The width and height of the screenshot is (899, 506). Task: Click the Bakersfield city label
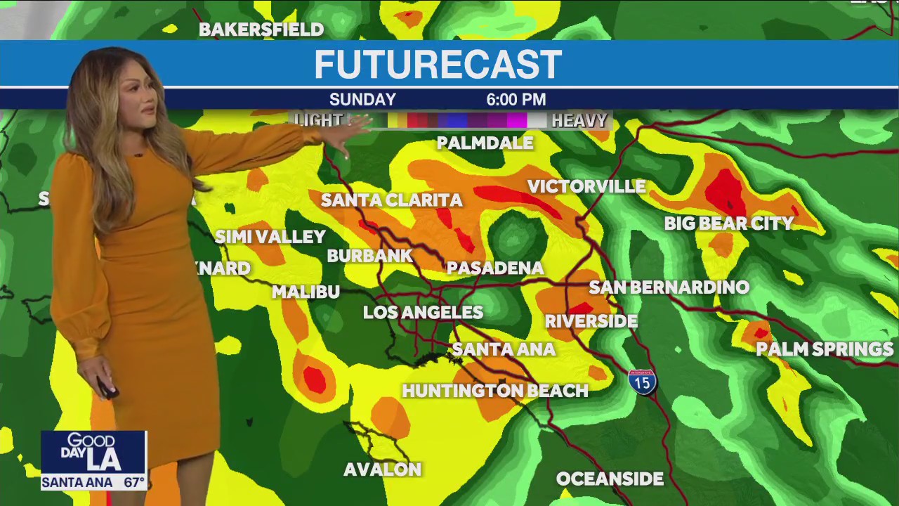click(x=261, y=30)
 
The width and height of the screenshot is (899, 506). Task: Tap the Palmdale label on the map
click(x=485, y=143)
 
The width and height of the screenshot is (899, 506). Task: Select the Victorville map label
click(x=586, y=186)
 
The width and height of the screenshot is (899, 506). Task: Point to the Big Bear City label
click(x=729, y=223)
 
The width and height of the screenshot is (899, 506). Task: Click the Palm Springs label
click(x=824, y=349)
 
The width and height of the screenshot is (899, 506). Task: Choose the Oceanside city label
click(x=610, y=479)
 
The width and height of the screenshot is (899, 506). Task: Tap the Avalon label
click(x=382, y=469)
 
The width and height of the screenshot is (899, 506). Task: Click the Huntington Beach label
click(x=495, y=391)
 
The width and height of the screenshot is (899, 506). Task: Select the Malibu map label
click(x=306, y=292)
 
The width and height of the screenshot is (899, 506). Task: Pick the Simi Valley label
click(x=270, y=237)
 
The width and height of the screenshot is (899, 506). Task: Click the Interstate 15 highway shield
click(x=642, y=382)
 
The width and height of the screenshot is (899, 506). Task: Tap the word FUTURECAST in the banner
click(x=438, y=65)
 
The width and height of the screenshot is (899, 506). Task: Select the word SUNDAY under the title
click(x=362, y=100)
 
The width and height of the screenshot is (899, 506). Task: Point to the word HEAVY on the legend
click(x=579, y=121)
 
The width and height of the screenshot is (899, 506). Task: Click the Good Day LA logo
click(x=93, y=452)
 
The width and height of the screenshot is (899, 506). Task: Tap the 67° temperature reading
click(x=133, y=483)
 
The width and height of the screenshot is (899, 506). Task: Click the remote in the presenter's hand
click(x=107, y=387)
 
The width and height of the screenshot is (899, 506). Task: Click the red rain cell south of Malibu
click(x=315, y=379)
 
